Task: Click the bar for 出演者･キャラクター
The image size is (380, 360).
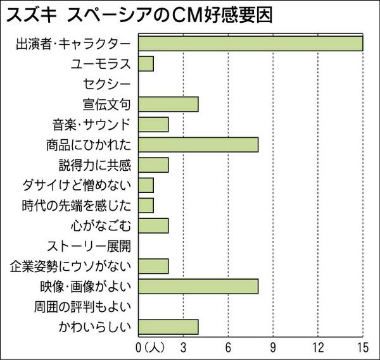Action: point(250,43)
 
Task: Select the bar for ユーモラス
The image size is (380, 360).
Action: point(146,63)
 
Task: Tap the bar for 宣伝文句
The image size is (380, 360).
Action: point(168,104)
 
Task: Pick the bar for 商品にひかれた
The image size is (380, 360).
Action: point(198,144)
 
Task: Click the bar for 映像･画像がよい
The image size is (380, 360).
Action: point(198,287)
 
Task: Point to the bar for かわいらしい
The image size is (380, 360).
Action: point(168,327)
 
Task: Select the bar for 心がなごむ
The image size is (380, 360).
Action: point(153,226)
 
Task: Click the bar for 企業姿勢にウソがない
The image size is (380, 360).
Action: point(153,266)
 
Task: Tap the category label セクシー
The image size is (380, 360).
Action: point(106,84)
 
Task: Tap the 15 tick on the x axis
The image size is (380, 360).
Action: point(362,347)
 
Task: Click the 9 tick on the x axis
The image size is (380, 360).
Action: point(273,347)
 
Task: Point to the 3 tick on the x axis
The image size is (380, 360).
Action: point(183,347)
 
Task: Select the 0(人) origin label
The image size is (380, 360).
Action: point(150,347)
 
